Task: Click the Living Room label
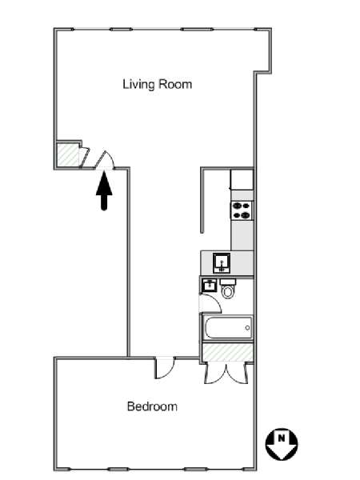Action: [x=158, y=84]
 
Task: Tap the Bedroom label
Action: [x=152, y=406]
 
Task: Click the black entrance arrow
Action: [x=104, y=190]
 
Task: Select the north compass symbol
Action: [x=282, y=444]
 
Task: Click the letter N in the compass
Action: [x=281, y=438]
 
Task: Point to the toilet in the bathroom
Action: [x=227, y=288]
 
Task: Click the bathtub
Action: [x=228, y=327]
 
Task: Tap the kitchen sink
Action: [x=222, y=263]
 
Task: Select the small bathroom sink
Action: [x=209, y=285]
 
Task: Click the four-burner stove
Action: [x=242, y=210]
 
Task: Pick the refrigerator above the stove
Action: [x=242, y=180]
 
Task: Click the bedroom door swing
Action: [x=165, y=368]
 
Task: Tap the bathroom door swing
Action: [x=210, y=303]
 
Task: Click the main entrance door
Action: [x=104, y=160]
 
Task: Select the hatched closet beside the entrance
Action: [x=68, y=155]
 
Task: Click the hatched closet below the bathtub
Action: [x=228, y=352]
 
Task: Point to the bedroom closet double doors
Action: [x=226, y=373]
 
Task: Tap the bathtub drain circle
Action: [x=247, y=328]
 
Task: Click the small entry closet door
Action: [x=84, y=158]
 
